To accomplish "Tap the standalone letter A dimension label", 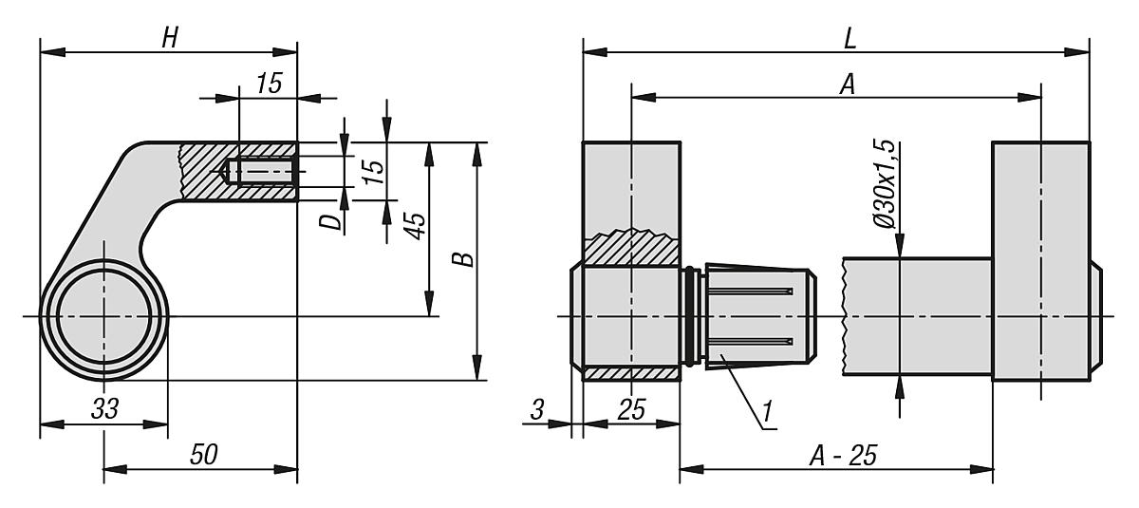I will (x=848, y=85).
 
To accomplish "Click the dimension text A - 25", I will (x=842, y=456).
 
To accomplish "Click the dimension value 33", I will (x=104, y=410).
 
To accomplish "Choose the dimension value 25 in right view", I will (x=631, y=410).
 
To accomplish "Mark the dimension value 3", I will (x=537, y=410).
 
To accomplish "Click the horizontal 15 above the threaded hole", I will (x=269, y=84).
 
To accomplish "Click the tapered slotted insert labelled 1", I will (x=755, y=313).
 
